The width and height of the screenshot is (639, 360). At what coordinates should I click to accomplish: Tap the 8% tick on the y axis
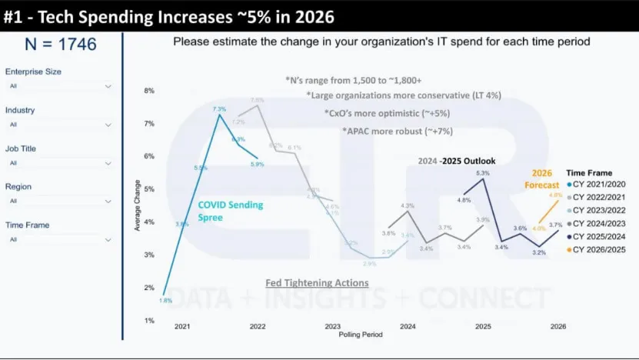(x=149, y=91)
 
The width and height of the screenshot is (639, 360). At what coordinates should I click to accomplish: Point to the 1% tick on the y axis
(x=149, y=320)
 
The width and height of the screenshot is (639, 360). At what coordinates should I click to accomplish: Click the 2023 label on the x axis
(x=332, y=327)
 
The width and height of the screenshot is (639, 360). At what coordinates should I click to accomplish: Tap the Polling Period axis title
(x=361, y=335)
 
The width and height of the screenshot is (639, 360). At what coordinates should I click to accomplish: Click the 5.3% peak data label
(x=482, y=174)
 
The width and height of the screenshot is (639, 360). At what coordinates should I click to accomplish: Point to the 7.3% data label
(x=219, y=109)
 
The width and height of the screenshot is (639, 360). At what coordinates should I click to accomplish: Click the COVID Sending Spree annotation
(x=230, y=210)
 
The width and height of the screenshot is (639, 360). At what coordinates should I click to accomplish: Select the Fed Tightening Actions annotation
(x=317, y=283)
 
